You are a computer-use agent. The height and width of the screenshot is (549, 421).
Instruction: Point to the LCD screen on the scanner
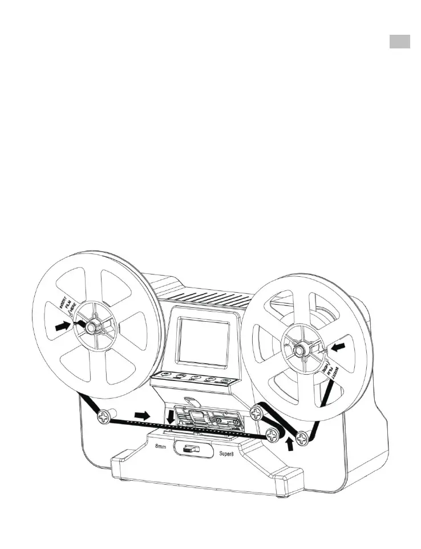(203, 341)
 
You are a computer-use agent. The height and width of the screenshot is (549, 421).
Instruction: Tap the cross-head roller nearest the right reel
(303, 437)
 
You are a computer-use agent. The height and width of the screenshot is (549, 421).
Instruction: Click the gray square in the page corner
(400, 42)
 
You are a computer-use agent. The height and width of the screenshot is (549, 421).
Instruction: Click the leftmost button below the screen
(165, 375)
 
